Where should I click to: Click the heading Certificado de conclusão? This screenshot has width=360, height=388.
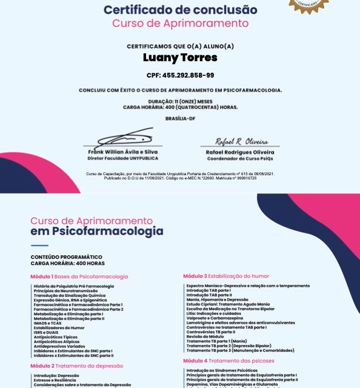180,10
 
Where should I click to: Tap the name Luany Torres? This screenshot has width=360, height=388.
180,58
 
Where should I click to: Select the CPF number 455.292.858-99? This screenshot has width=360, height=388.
180,75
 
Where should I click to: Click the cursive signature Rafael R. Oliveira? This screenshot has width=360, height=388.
241,141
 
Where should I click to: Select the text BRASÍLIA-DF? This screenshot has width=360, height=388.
180,118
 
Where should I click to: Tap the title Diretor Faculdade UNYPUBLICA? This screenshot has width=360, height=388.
123,158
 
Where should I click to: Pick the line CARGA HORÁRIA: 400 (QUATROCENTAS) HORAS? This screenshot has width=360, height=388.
180,107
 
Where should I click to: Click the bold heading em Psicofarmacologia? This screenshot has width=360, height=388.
96,231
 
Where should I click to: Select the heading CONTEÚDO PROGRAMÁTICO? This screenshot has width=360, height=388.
66,257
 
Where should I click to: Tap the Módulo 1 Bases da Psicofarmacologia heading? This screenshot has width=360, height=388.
79,276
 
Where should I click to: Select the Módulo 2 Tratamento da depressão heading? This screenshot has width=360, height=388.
77,366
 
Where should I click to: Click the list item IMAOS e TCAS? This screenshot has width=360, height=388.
48,323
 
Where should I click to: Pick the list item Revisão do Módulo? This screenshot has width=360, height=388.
206,336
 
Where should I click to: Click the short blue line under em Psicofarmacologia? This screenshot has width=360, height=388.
39,246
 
